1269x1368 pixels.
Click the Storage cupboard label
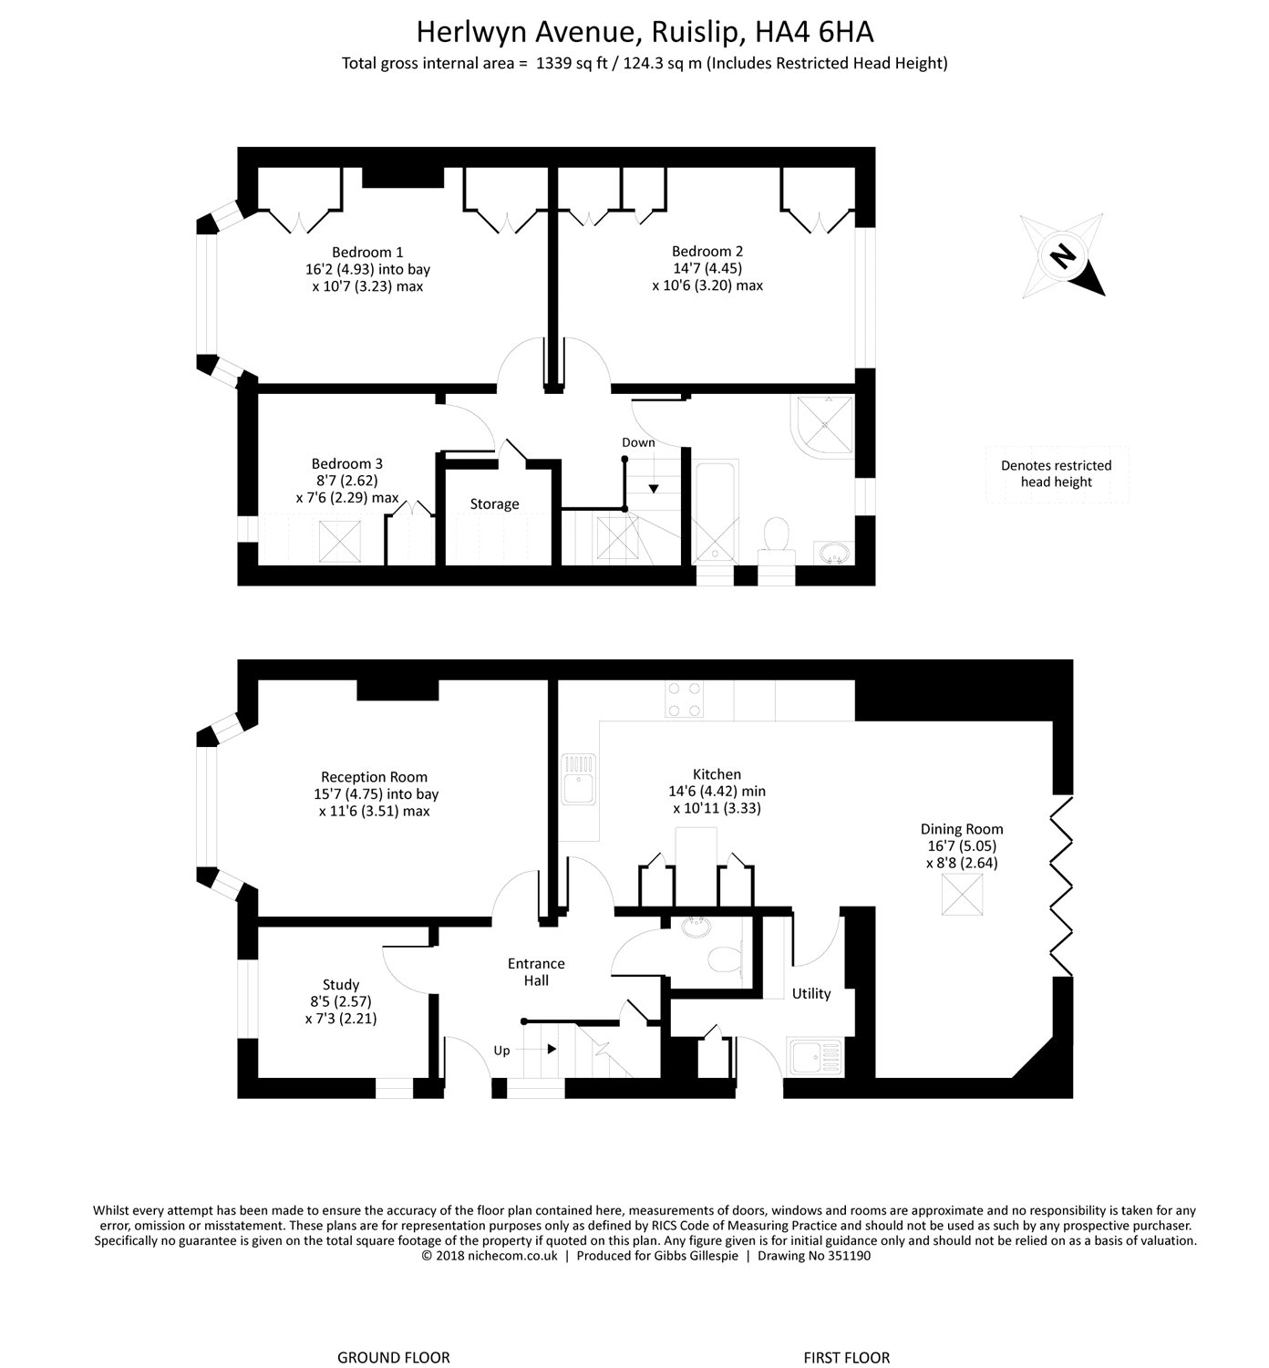(494, 504)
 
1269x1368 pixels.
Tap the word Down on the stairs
(638, 443)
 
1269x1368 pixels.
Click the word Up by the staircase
(501, 1051)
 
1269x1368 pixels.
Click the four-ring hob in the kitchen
(685, 700)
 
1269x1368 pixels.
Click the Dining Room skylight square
(962, 895)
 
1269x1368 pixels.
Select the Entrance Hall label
(536, 972)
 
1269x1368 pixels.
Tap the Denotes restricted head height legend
(1056, 474)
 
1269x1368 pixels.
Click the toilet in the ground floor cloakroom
(727, 959)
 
